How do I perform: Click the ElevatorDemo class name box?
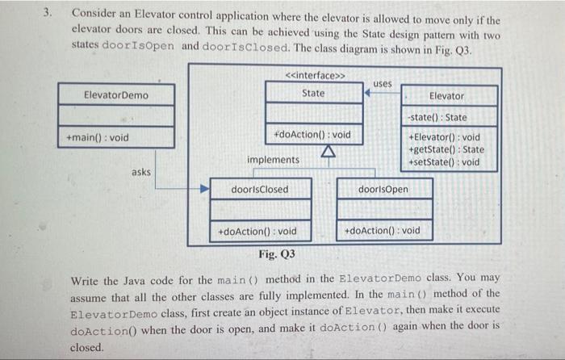pyautogui.click(x=116, y=95)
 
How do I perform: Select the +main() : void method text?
pyautogui.click(x=100, y=137)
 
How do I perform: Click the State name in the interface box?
pyautogui.click(x=313, y=93)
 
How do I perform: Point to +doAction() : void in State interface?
pyautogui.click(x=312, y=134)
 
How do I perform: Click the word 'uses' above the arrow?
pyautogui.click(x=383, y=82)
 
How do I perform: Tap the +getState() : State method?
pyautogui.click(x=447, y=149)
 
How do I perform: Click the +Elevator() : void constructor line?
pyautogui.click(x=445, y=137)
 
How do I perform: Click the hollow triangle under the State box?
pyautogui.click(x=328, y=153)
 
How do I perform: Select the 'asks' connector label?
pyautogui.click(x=141, y=172)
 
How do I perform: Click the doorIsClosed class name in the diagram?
pyautogui.click(x=259, y=190)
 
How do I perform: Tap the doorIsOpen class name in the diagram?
pyautogui.click(x=383, y=190)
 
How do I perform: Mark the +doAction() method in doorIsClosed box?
pyautogui.click(x=257, y=232)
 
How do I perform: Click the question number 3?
pyautogui.click(x=49, y=13)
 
